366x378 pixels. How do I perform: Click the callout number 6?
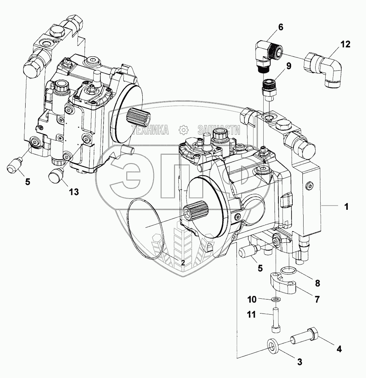[280, 27]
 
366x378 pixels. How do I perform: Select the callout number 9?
[288, 66]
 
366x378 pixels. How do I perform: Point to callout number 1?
[346, 207]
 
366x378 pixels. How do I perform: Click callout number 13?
[73, 192]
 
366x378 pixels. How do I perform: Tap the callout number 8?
[317, 283]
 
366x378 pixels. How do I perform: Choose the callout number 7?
[317, 299]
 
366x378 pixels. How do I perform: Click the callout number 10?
[252, 299]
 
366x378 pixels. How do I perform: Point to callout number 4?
[339, 348]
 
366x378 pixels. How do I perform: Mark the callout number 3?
[299, 362]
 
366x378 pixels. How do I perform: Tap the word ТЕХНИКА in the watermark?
[150, 130]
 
